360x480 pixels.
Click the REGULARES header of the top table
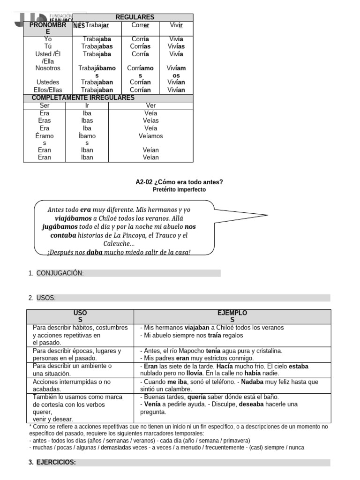(x=135, y=17)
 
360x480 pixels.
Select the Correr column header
(x=140, y=25)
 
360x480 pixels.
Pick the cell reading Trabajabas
(x=97, y=46)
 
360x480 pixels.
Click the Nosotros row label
(x=48, y=68)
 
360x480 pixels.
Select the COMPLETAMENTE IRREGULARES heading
(x=83, y=97)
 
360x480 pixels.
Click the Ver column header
(x=150, y=105)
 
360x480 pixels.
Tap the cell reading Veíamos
(x=150, y=136)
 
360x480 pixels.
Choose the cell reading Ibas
(x=87, y=120)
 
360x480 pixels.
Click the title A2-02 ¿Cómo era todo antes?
(x=179, y=182)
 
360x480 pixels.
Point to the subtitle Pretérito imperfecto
(x=179, y=189)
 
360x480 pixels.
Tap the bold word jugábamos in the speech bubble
(x=60, y=226)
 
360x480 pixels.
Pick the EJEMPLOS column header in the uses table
(x=232, y=316)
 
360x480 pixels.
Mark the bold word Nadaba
(x=252, y=382)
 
